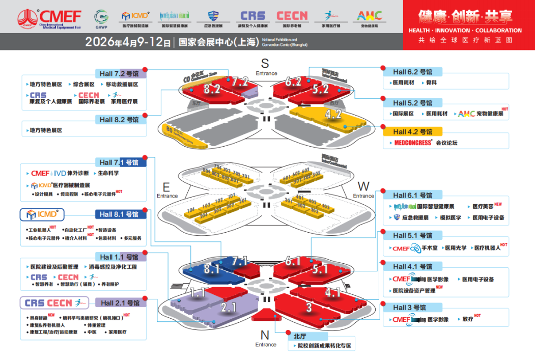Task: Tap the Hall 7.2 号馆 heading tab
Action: coord(120,73)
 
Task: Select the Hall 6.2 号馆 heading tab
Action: coord(412,72)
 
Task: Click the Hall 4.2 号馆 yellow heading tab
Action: coord(412,132)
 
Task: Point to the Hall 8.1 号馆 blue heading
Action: coord(120,214)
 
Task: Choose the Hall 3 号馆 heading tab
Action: coord(409,308)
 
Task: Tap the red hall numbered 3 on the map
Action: coord(309,307)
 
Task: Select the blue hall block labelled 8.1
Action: coord(211,269)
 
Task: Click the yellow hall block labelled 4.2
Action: coord(333,114)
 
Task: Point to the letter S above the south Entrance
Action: coord(265,63)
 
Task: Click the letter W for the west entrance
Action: coord(363,186)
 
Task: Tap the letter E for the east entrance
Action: coord(166,186)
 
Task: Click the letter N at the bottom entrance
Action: coord(265,335)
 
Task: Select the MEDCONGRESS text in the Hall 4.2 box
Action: coord(413,143)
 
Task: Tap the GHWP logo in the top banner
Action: coord(101,18)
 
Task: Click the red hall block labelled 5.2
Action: coord(321,89)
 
